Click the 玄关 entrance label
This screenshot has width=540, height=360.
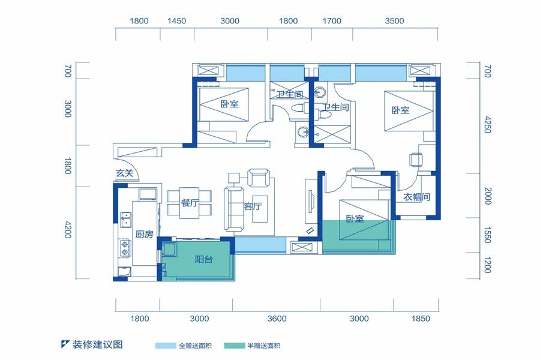[x=124, y=173]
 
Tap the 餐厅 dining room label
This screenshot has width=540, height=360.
[x=190, y=203]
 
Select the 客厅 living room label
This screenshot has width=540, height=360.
[x=253, y=206]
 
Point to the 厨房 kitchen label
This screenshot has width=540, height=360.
[x=144, y=235]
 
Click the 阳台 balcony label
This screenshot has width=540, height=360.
[x=203, y=259]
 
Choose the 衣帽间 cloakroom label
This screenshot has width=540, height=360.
[x=417, y=197]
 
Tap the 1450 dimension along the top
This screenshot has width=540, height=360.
[x=176, y=21]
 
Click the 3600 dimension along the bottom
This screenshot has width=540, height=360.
[x=277, y=319]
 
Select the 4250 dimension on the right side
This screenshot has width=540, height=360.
[x=488, y=125]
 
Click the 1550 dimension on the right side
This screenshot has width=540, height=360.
[x=488, y=235]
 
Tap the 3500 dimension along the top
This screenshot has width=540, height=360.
[x=394, y=21]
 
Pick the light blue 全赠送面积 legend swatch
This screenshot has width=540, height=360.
[x=166, y=346]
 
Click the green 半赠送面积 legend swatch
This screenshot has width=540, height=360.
[x=234, y=346]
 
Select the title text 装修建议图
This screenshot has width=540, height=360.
[x=97, y=344]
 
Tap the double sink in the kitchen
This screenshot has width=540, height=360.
[x=125, y=220]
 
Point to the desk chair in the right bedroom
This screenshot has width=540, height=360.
[x=416, y=160]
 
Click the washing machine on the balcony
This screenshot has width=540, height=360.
[x=169, y=249]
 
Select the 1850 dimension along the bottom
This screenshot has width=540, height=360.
[x=421, y=319]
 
